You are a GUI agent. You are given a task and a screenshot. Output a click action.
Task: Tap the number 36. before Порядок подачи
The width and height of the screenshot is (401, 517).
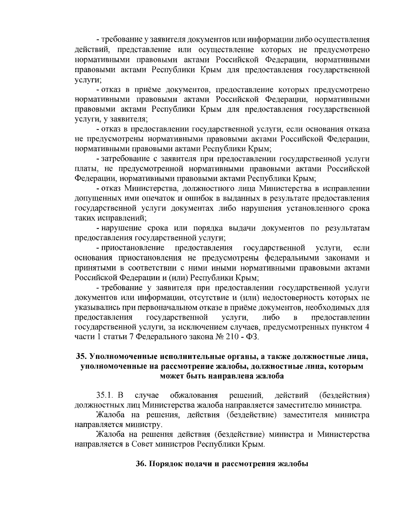141,464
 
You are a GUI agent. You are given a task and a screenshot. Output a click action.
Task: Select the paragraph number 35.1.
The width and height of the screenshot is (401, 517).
105,396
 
